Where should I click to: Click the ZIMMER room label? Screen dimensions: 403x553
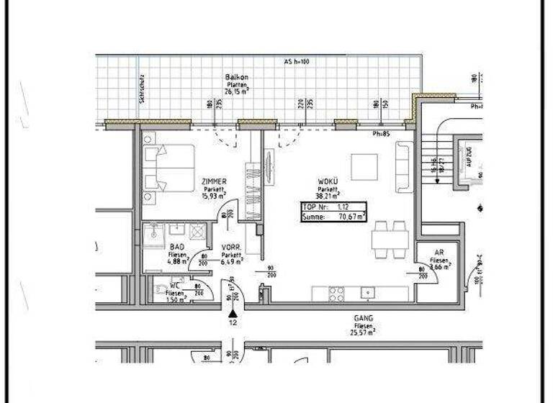click(x=215, y=181)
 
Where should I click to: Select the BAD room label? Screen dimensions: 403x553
click(x=157, y=246)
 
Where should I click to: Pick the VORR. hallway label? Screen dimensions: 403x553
click(x=230, y=247)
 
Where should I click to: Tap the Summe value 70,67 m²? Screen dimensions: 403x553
click(x=352, y=215)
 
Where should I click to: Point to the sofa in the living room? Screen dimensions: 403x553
click(x=404, y=167)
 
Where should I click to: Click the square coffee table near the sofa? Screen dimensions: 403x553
click(x=364, y=167)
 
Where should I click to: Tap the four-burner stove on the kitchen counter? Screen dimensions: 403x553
click(x=336, y=293)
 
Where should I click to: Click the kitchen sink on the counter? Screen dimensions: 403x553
click(x=368, y=293)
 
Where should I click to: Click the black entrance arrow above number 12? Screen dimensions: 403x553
click(x=232, y=314)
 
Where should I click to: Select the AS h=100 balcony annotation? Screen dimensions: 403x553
click(x=296, y=62)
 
